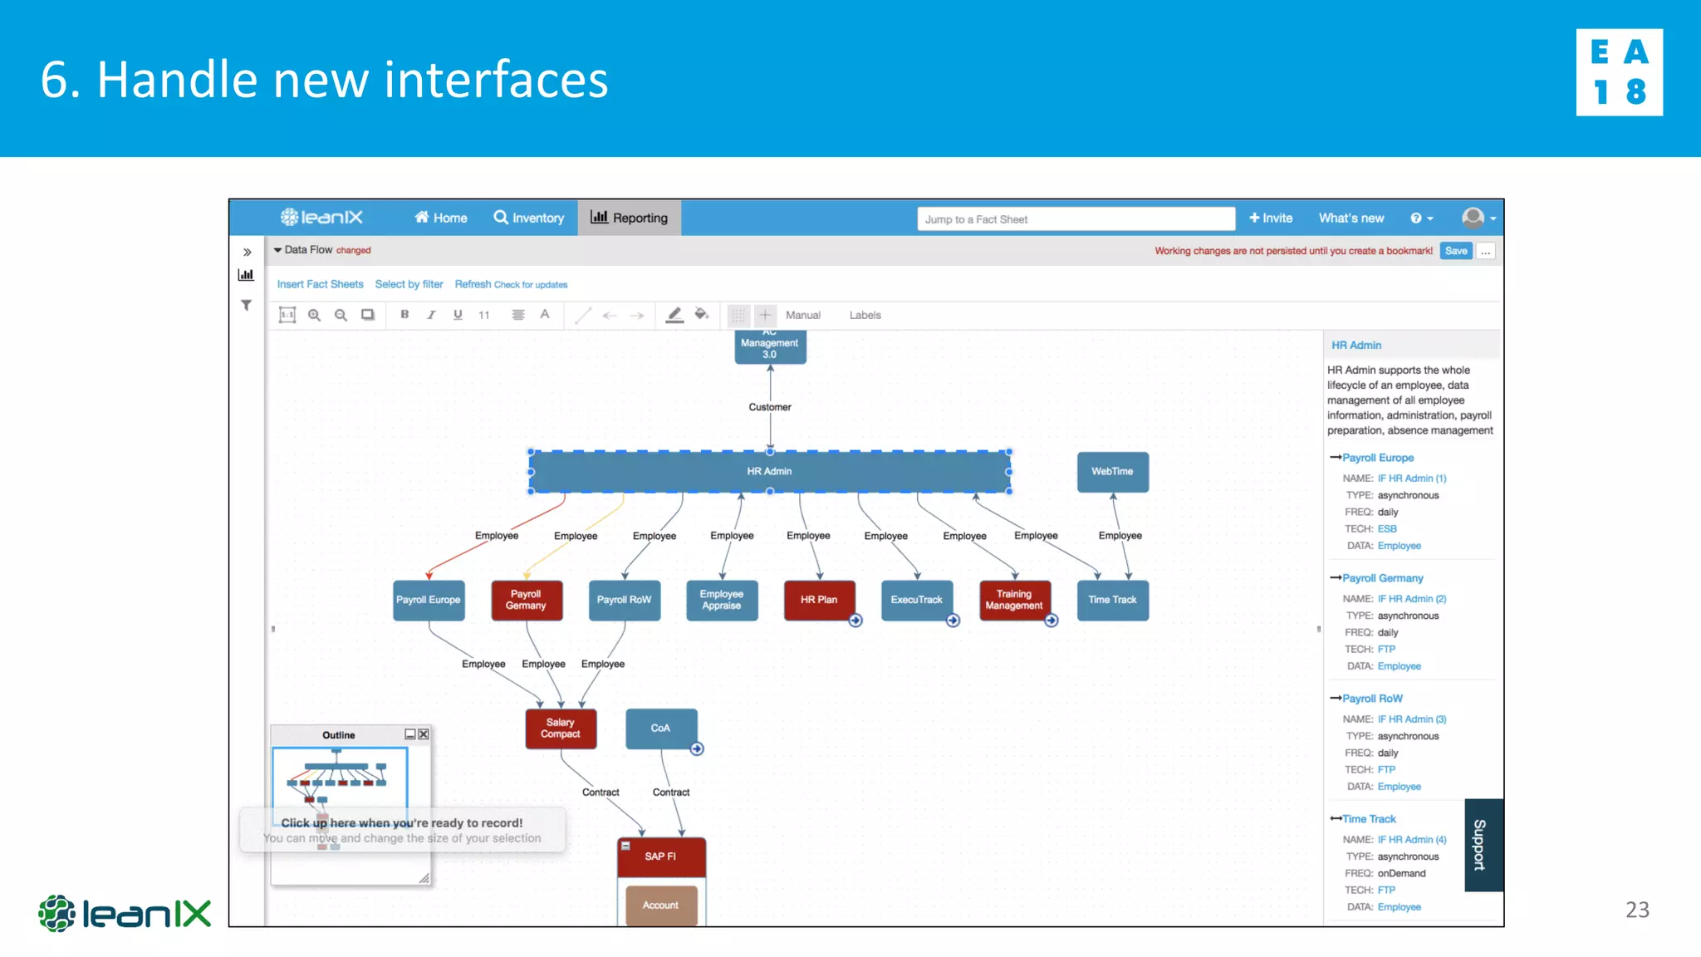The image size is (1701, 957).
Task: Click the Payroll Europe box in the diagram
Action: click(x=429, y=600)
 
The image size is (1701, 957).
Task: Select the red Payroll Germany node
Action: click(x=527, y=600)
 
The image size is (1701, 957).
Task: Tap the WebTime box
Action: click(x=1112, y=472)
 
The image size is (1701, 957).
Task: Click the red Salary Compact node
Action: click(x=561, y=729)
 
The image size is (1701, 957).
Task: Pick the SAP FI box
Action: click(x=661, y=856)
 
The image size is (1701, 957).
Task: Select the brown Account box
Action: click(x=661, y=905)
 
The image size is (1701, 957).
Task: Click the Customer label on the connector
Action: click(x=770, y=407)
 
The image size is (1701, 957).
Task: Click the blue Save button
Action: click(x=1455, y=251)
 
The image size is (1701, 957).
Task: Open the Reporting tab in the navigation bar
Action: click(x=630, y=218)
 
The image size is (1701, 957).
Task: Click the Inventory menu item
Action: click(x=529, y=218)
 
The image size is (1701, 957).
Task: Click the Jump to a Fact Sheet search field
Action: click(x=1076, y=219)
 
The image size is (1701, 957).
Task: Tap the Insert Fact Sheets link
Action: click(x=320, y=284)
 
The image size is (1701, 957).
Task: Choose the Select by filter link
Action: click(x=409, y=284)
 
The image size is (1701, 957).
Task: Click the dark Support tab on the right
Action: click(x=1483, y=845)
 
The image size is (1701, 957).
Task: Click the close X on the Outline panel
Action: click(x=424, y=734)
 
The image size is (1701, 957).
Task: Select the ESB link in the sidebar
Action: click(x=1387, y=529)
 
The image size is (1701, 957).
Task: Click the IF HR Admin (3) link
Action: click(x=1412, y=719)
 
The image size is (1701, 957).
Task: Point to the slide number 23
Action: click(x=1637, y=910)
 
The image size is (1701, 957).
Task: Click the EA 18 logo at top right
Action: click(x=1619, y=72)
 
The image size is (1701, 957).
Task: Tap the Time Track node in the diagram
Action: click(x=1112, y=600)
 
